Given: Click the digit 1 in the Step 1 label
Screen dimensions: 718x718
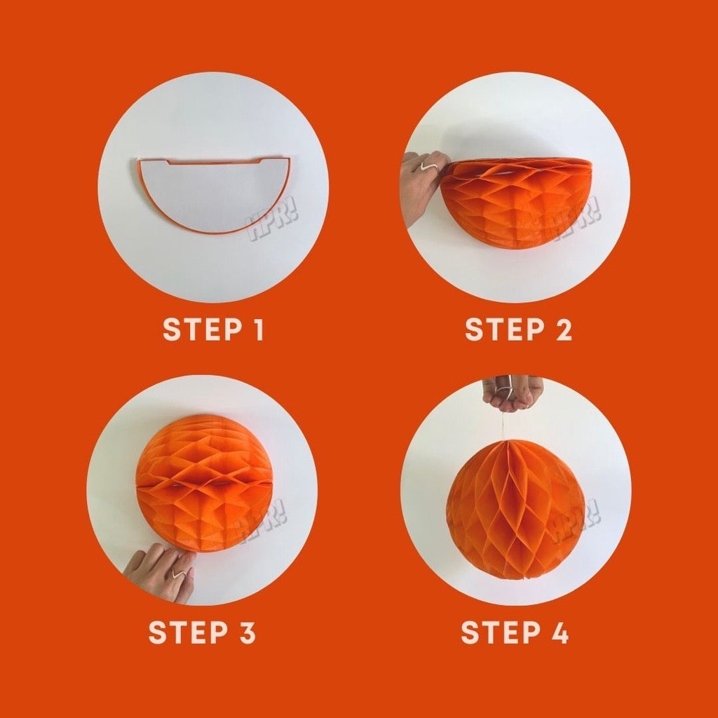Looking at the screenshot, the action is pos(259,330).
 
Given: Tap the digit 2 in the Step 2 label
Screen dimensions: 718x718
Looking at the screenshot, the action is pos(563,330).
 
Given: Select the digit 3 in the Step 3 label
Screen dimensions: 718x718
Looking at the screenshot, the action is pos(246,632).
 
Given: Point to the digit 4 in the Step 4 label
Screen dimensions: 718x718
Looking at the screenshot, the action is pos(558,632).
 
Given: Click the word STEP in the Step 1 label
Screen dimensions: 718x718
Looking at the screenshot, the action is pos(203,330).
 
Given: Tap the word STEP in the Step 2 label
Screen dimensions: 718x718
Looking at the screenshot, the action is pos(505,330).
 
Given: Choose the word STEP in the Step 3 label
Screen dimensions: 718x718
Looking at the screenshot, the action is pos(188,632).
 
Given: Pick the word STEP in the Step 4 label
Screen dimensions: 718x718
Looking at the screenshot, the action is pos(501,632).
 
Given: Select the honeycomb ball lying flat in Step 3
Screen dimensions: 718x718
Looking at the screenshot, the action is pos(205,484).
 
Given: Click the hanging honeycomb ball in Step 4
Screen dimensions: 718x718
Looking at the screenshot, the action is pos(516,509).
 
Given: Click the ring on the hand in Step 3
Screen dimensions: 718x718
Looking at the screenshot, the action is pos(179,572).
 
